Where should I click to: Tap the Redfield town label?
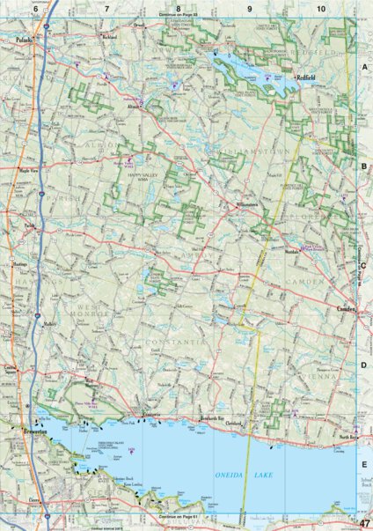(306, 77)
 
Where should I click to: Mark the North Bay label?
(346, 410)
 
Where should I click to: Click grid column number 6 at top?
(35, 8)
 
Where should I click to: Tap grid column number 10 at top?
(321, 8)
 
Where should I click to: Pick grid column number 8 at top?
(178, 8)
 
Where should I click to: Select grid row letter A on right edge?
(364, 67)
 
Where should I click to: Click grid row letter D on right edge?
(364, 363)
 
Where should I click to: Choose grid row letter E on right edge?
(364, 463)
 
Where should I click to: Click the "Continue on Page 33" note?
(179, 17)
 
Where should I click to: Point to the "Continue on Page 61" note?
(179, 516)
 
